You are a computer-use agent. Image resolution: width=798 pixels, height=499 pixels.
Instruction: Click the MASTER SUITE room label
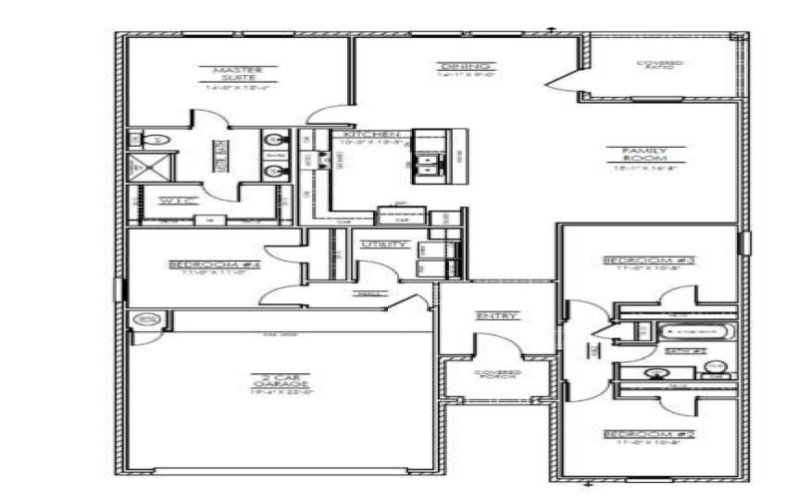tap(237, 73)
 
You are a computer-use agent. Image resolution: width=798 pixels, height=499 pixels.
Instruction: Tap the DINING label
tap(450, 68)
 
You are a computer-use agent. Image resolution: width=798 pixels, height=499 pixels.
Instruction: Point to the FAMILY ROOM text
tap(638, 155)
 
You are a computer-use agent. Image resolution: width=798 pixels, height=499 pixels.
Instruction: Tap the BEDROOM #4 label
tap(214, 264)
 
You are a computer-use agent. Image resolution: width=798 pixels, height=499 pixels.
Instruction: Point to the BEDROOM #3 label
tap(649, 261)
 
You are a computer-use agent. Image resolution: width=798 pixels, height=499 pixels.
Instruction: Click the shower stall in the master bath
tap(151, 166)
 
